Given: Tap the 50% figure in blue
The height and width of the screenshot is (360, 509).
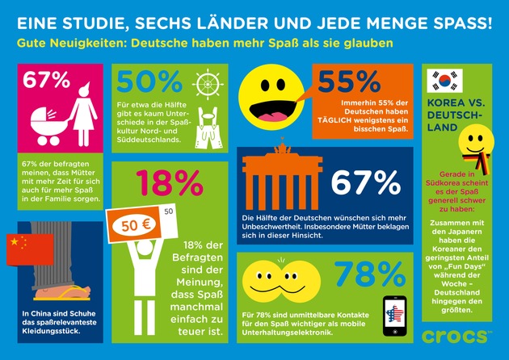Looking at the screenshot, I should (149, 82).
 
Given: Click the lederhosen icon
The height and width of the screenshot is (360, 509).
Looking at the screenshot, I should (212, 125).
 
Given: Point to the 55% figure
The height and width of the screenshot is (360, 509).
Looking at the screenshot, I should (349, 82).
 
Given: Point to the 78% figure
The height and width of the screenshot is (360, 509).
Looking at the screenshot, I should (364, 274).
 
